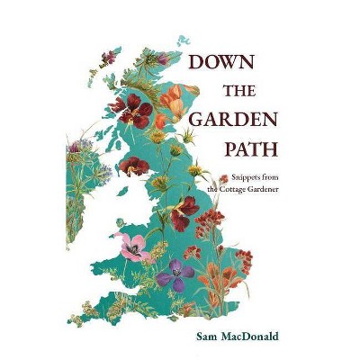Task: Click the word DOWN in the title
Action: coord(220,63)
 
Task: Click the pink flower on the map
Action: coord(133,244)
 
